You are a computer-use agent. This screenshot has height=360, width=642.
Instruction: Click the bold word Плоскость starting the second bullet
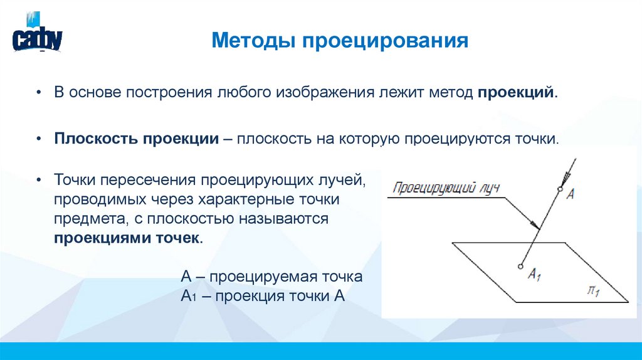click(95, 138)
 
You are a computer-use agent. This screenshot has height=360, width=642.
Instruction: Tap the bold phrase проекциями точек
click(128, 238)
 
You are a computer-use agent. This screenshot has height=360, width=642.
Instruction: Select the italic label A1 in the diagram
click(534, 273)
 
